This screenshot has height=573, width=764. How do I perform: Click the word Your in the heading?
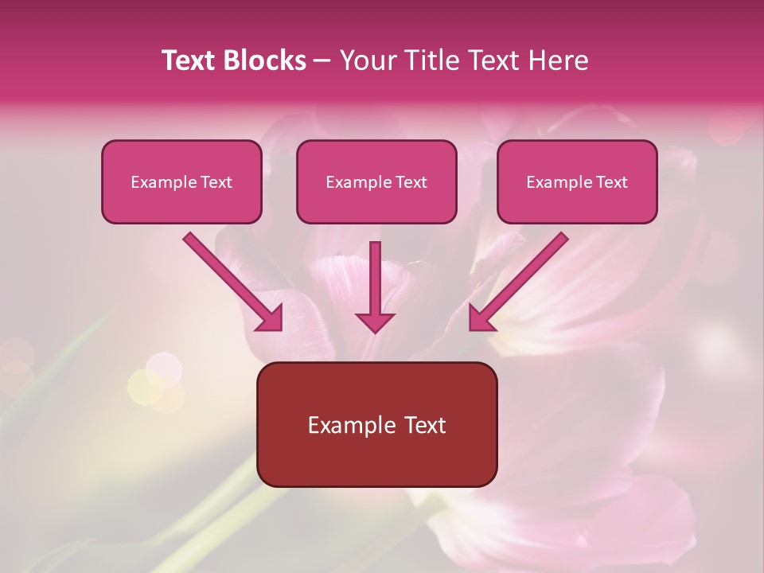click(x=365, y=60)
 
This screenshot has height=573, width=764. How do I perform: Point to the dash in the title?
click(x=322, y=61)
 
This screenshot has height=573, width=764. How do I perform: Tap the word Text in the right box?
click(x=611, y=182)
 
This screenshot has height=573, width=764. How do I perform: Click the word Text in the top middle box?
click(x=411, y=182)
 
